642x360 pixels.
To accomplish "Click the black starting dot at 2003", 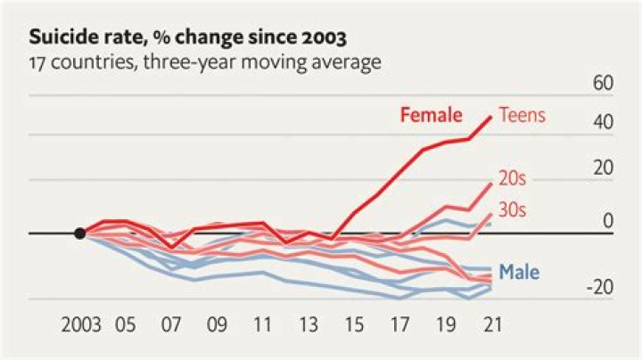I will tap(80, 233).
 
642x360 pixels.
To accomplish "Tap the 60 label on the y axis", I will tap(603, 84).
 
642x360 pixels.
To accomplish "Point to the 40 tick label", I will tap(603, 122).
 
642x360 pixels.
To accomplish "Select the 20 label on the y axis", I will tap(603, 167).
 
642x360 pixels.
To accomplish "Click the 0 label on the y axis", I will tap(608, 220).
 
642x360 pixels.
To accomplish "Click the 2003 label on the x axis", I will tap(80, 326).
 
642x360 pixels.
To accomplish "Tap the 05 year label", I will tap(126, 326).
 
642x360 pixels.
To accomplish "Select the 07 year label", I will tap(171, 326).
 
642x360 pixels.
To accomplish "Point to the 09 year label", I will tap(217, 326).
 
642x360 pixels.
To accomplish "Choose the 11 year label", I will tap(262, 326).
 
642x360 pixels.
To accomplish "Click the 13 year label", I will tap(308, 326).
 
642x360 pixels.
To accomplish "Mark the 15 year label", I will tap(353, 326).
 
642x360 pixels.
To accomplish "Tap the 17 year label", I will tap(399, 326).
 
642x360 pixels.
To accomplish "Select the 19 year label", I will tap(444, 326).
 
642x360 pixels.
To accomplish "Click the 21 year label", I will tap(490, 326).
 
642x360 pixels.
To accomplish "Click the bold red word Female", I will tap(432, 115).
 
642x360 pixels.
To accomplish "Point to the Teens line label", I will tap(522, 115).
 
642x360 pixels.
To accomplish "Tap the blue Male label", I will tap(519, 272).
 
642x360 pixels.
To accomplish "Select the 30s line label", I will tap(513, 210).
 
